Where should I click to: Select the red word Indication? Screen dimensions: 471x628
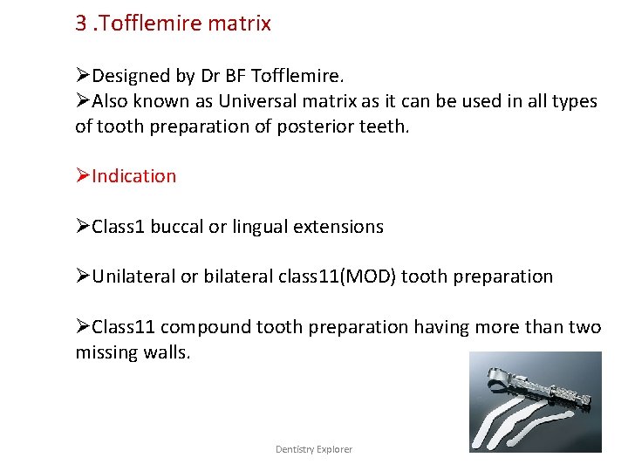[133, 176]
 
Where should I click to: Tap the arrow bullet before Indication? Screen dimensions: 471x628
[83, 176]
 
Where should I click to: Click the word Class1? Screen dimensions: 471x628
[119, 227]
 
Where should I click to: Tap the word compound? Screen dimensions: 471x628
[201, 327]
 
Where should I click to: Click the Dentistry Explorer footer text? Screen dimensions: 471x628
[314, 449]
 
